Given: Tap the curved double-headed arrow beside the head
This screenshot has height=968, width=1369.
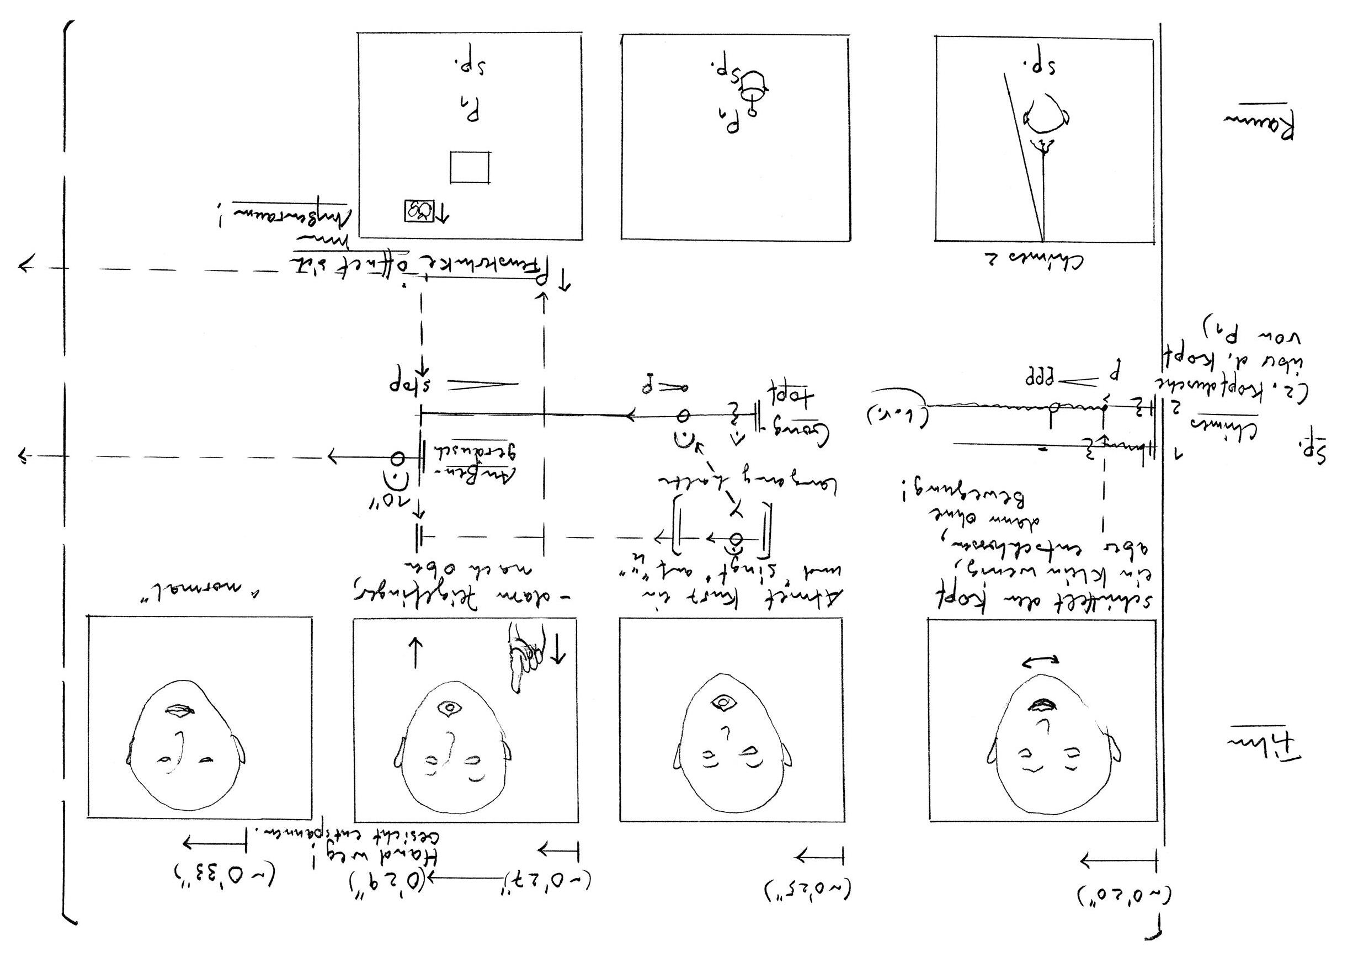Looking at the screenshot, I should pyautogui.click(x=1040, y=661).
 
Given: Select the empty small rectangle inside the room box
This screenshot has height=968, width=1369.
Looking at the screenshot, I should pyautogui.click(x=470, y=167).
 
